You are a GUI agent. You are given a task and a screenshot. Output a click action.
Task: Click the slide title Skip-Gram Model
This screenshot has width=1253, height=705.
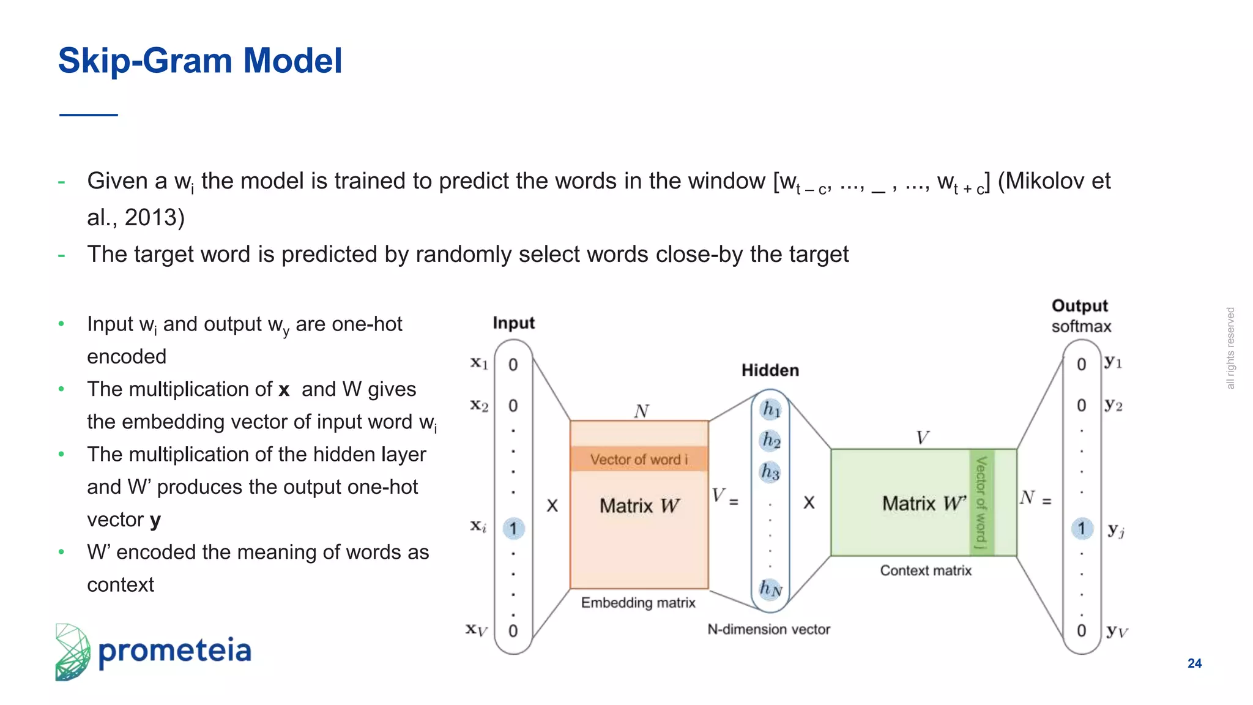(x=199, y=61)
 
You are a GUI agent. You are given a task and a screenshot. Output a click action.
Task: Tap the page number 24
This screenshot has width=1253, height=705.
(x=1194, y=663)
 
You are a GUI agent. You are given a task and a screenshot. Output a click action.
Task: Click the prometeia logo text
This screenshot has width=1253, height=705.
(x=174, y=651)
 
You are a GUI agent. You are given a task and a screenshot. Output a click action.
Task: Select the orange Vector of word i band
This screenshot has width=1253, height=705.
(x=639, y=459)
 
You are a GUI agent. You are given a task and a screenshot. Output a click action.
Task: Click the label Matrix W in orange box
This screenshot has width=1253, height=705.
(x=639, y=505)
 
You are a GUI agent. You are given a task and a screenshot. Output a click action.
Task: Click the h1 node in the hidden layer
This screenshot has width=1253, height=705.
(x=771, y=409)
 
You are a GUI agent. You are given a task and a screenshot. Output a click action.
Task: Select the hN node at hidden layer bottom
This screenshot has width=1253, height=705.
(x=770, y=589)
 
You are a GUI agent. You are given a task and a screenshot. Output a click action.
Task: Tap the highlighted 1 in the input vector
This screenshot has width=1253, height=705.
(x=513, y=528)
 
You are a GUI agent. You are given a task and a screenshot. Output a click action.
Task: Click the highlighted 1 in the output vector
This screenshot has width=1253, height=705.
(x=1081, y=528)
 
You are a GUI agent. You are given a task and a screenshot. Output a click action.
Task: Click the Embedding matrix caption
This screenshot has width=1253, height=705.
(x=638, y=603)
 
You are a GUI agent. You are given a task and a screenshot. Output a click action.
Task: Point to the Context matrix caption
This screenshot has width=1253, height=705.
(x=926, y=570)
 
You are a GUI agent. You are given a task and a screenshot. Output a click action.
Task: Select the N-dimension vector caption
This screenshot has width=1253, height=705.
(x=768, y=629)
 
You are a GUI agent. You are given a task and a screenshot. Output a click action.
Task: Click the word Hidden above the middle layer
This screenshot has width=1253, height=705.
(x=770, y=370)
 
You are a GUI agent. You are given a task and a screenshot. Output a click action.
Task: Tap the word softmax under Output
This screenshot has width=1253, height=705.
(x=1081, y=327)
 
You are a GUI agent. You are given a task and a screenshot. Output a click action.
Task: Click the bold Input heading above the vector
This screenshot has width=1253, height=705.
(x=513, y=323)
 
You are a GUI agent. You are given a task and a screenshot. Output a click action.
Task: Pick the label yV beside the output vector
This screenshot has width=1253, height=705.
(x=1117, y=632)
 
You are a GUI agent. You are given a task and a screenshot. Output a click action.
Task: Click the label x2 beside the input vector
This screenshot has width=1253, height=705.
(x=479, y=406)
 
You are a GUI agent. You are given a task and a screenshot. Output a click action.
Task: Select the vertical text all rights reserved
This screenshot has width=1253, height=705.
(x=1230, y=348)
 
